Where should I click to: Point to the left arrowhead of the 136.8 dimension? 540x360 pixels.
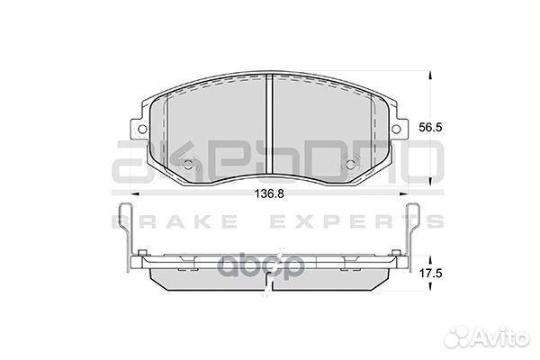tap(137, 192)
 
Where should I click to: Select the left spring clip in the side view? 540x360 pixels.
tap(127, 238)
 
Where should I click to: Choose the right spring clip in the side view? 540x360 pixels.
tap(415, 238)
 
